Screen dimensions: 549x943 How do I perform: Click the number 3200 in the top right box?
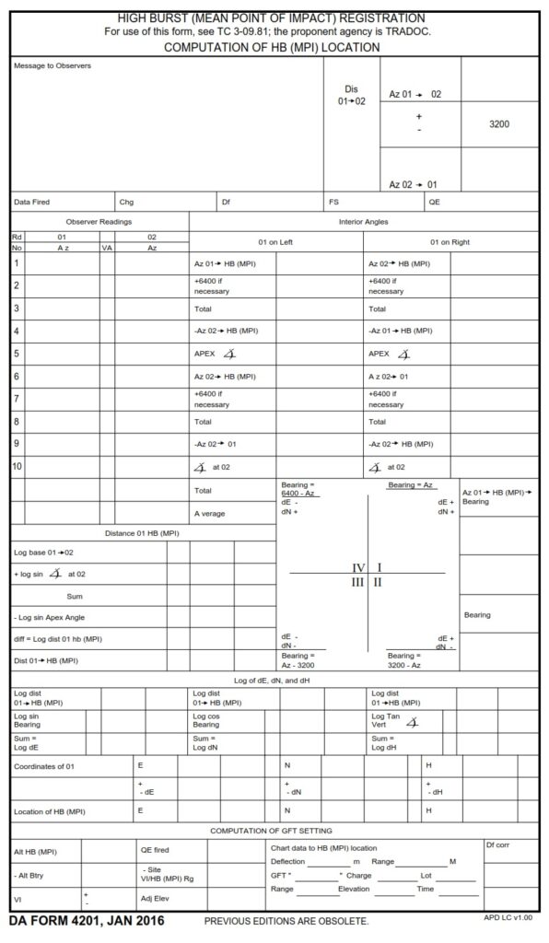498,123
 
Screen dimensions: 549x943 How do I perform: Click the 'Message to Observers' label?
53,65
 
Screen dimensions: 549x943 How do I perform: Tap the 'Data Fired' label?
32,202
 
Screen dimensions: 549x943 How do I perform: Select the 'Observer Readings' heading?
99,221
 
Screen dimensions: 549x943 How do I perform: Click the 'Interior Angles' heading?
364,221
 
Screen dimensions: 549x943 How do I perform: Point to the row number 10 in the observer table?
18,466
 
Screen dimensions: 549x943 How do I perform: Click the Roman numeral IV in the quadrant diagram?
359,567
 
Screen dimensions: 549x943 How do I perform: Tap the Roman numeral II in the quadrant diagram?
378,582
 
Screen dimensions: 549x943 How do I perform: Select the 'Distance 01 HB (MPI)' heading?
142,532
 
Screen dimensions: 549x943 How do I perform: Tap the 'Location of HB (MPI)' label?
50,811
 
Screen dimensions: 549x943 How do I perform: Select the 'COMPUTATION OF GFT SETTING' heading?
274,831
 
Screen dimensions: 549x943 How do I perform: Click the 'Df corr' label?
497,844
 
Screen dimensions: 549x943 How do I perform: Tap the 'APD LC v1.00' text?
508,919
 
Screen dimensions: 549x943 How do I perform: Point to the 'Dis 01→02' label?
351,95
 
